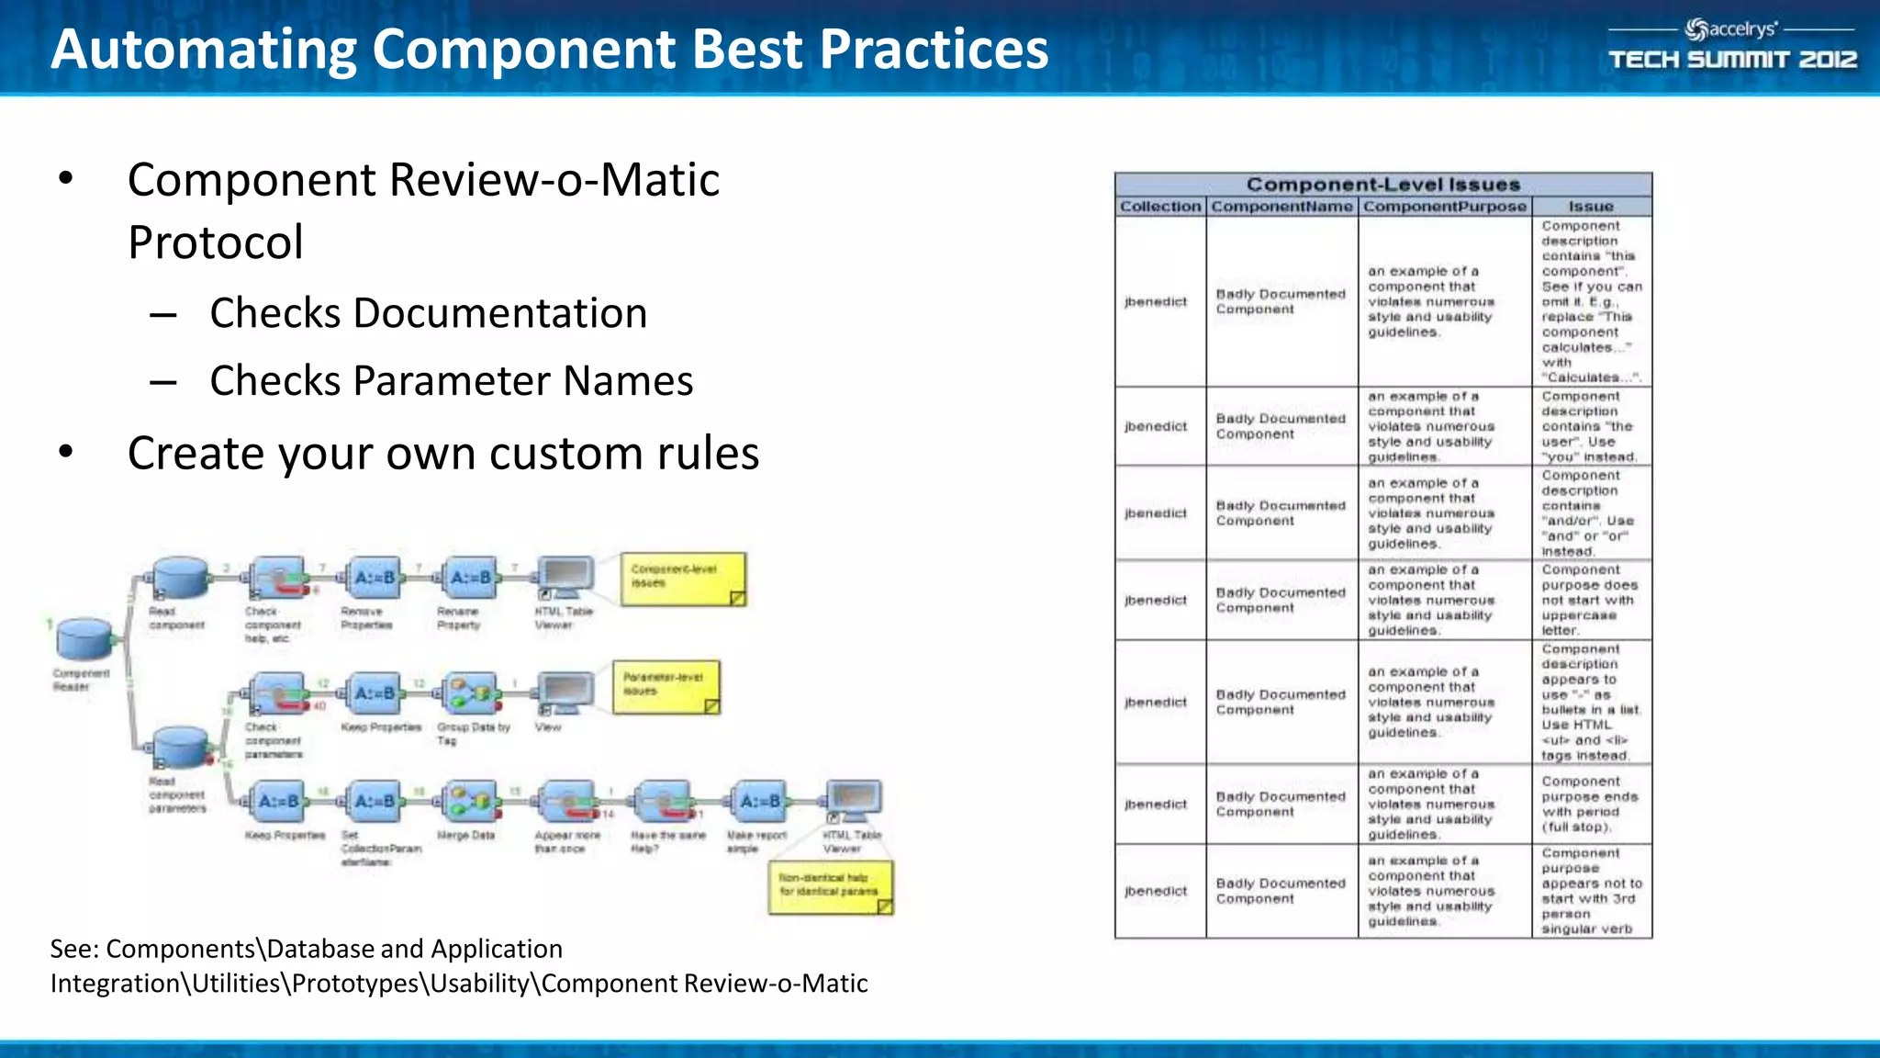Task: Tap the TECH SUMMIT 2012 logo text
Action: pyautogui.click(x=1732, y=60)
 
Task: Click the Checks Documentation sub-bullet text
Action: pyautogui.click(x=428, y=313)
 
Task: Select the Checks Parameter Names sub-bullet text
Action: pyautogui.click(x=451, y=381)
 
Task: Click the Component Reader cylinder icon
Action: pyautogui.click(x=84, y=637)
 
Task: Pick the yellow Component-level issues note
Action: pyautogui.click(x=683, y=579)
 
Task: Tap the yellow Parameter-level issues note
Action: pyautogui.click(x=666, y=687)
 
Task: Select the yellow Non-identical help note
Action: pyautogui.click(x=830, y=886)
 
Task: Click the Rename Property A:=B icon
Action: pyautogui.click(x=471, y=578)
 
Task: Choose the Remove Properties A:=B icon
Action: pyautogui.click(x=374, y=578)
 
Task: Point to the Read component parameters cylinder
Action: pyautogui.click(x=181, y=747)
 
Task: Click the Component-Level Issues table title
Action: pyautogui.click(x=1382, y=185)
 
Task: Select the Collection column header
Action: pyautogui.click(x=1159, y=207)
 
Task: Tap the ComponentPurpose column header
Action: pyautogui.click(x=1444, y=207)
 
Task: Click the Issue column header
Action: pyautogui.click(x=1590, y=207)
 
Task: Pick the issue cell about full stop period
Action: pyautogui.click(x=1590, y=804)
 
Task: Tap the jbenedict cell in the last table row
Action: pyautogui.click(x=1156, y=891)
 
